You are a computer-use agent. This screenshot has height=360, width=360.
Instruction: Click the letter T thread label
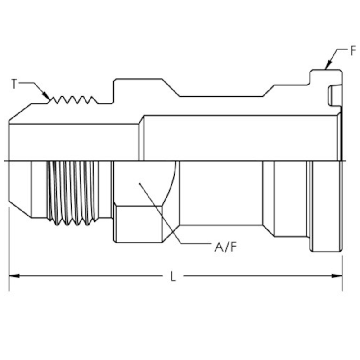[14, 84]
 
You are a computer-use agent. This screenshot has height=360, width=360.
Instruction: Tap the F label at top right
[353, 51]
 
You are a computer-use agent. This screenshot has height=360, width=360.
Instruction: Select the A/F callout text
[225, 247]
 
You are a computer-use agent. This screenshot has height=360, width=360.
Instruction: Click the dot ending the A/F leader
[140, 184]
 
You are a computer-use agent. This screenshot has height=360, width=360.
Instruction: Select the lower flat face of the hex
[137, 224]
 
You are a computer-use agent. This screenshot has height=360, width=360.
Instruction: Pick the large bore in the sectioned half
[238, 137]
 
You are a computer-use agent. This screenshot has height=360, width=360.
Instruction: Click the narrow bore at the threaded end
[72, 142]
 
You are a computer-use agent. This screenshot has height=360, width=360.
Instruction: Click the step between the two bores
[141, 137]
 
